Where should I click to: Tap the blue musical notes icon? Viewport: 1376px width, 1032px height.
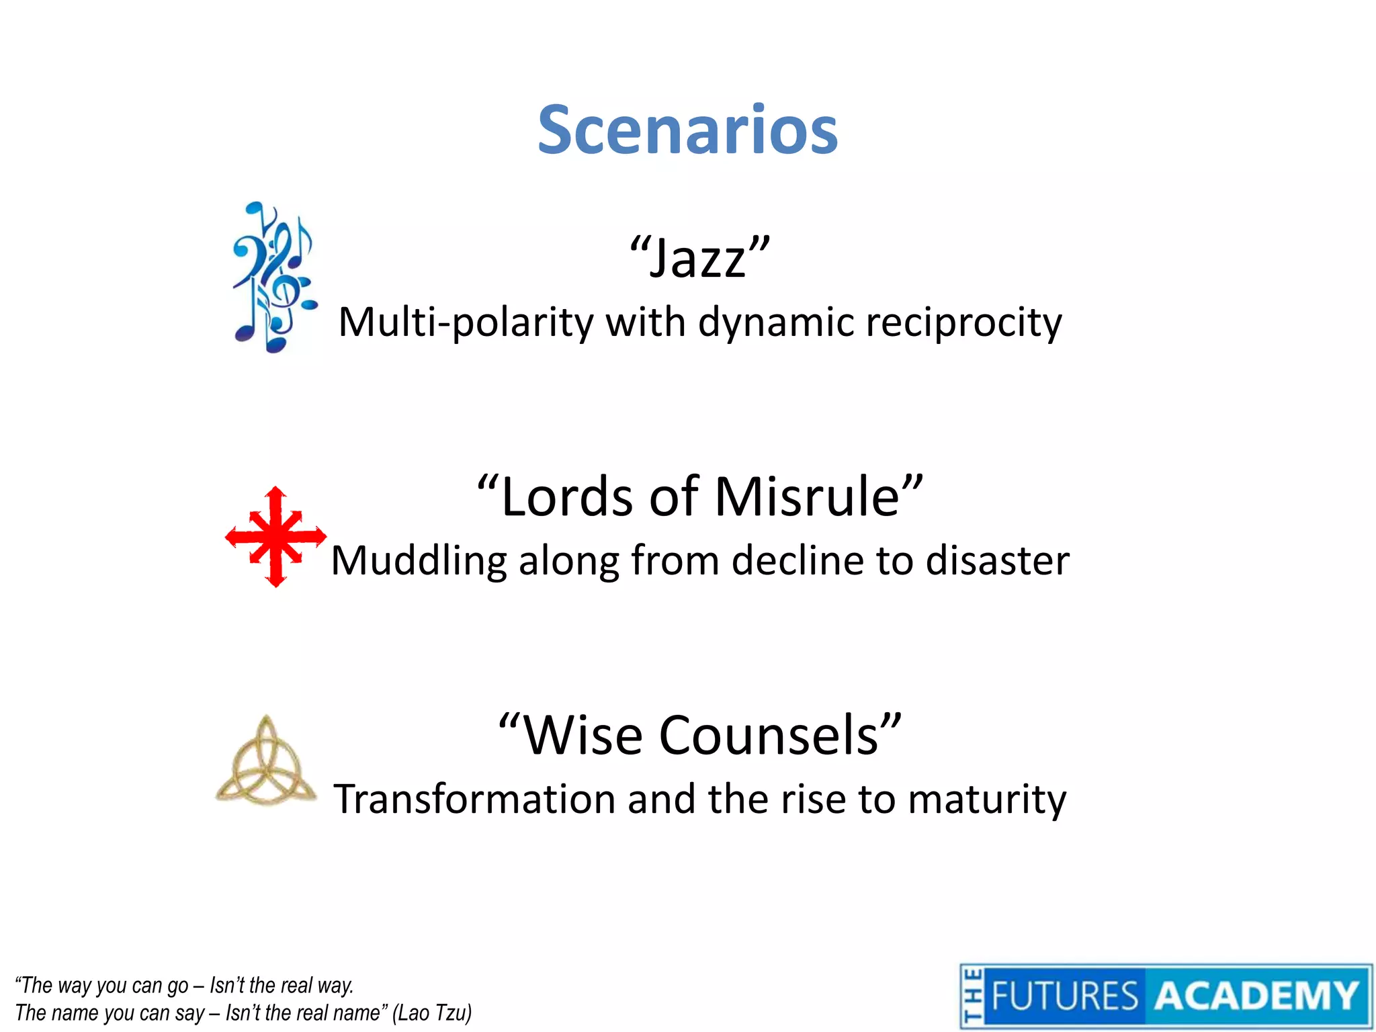coord(274,277)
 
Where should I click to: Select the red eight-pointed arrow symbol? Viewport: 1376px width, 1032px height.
coord(275,537)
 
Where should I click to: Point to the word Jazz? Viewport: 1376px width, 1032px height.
coord(699,259)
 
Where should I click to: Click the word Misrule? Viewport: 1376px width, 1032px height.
coord(807,497)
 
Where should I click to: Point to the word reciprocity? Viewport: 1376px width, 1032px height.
coord(963,322)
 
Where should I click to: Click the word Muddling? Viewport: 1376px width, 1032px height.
coord(419,561)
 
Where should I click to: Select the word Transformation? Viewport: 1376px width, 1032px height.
coord(474,800)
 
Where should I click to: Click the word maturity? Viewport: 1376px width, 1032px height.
coord(987,800)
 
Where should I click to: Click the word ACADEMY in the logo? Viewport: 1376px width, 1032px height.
coord(1256,996)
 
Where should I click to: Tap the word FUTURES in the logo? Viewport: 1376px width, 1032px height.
coord(1064,996)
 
